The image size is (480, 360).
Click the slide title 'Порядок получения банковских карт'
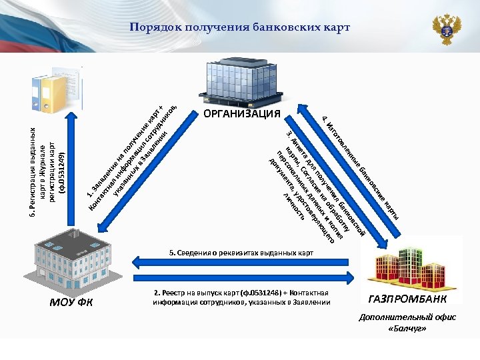tap(239, 27)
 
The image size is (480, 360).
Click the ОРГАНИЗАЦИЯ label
tap(241, 114)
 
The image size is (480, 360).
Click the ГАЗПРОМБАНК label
tap(408, 298)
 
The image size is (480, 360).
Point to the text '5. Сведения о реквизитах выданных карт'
tap(241, 253)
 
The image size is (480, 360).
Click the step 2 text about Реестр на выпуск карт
tap(241, 297)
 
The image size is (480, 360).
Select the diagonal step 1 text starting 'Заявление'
tap(130, 153)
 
